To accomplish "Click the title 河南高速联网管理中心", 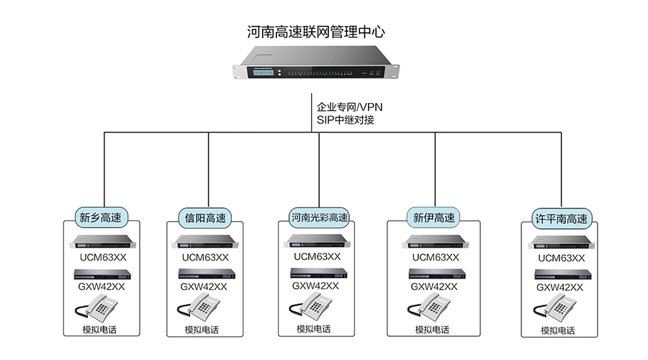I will (316, 32).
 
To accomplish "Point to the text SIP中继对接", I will (345, 120).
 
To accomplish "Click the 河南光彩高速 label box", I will (319, 217).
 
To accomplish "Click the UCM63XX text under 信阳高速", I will (205, 257).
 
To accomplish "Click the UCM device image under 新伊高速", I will (433, 241).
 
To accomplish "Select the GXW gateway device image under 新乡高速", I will (102, 274).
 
